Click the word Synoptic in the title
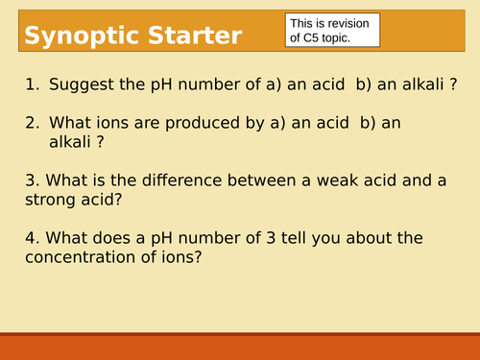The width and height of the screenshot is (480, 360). coord(80,36)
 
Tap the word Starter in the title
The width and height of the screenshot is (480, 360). coord(194,36)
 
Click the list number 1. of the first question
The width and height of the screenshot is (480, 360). coord(33,84)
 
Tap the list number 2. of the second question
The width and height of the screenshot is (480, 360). coord(33,123)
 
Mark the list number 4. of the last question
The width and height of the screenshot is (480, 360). coord(33,237)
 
